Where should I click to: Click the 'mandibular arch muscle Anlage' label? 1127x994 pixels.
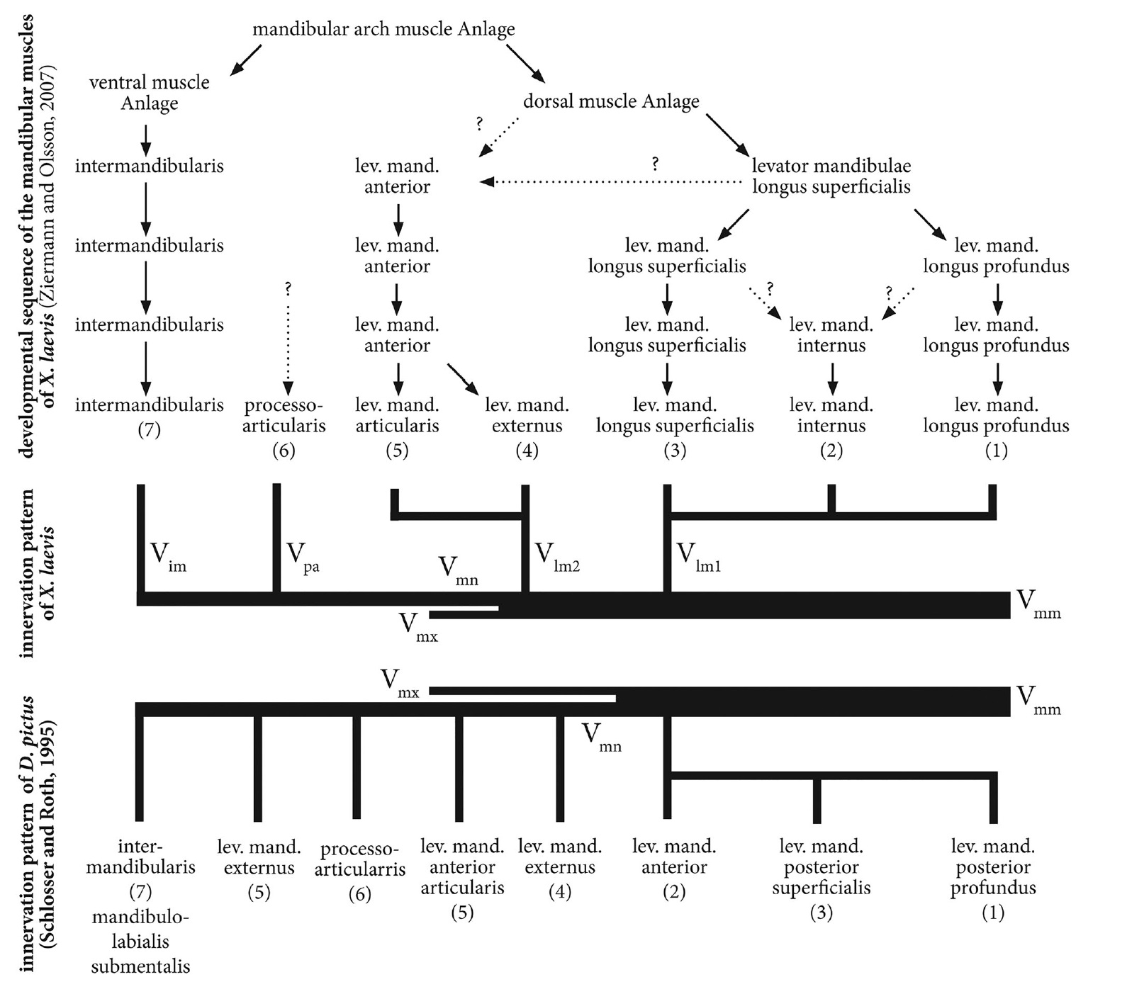[x=383, y=30]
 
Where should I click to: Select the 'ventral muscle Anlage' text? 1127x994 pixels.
[x=150, y=93]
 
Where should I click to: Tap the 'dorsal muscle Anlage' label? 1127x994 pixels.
[x=611, y=101]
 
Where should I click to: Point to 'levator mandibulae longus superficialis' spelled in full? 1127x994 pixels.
[x=831, y=176]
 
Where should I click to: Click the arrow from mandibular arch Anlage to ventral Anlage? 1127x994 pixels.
[x=247, y=60]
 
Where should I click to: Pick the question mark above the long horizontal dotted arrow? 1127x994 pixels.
[x=655, y=164]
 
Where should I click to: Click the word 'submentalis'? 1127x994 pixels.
[x=140, y=966]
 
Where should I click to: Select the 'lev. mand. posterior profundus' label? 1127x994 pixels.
[x=992, y=867]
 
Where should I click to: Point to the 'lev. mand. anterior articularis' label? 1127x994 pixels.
[x=462, y=867]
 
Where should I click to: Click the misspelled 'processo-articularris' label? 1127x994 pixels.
[x=359, y=859]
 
